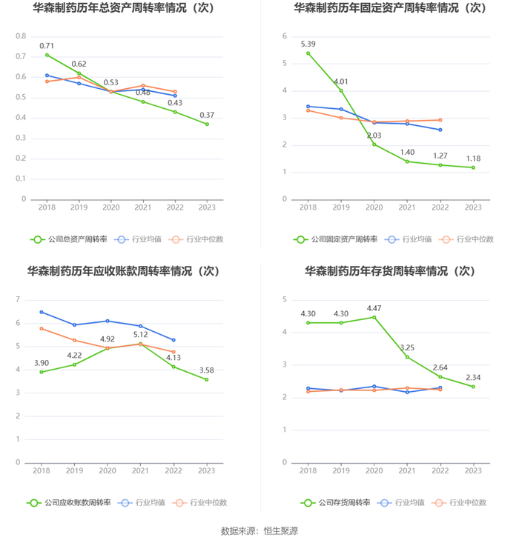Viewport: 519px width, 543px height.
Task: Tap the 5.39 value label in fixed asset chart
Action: click(x=308, y=44)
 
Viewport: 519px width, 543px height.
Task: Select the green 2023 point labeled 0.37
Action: click(x=207, y=124)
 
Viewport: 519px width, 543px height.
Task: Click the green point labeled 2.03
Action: click(x=374, y=144)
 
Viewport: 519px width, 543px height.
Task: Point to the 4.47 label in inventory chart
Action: click(x=374, y=307)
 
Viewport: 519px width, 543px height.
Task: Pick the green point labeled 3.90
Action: click(x=42, y=372)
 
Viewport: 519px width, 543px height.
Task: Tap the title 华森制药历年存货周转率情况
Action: click(x=389, y=271)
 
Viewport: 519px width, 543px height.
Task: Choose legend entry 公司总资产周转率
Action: click(x=69, y=239)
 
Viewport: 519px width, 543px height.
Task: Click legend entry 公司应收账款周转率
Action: click(x=69, y=502)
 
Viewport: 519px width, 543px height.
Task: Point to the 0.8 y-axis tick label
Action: click(x=21, y=36)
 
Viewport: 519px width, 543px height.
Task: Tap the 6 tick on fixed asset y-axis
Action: click(x=284, y=36)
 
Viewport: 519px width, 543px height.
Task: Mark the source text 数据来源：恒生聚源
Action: click(x=259, y=530)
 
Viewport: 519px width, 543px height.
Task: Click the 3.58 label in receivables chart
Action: click(x=207, y=370)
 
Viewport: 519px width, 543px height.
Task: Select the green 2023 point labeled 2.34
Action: click(x=473, y=387)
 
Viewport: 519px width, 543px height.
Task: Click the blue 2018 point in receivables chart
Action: click(x=42, y=312)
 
